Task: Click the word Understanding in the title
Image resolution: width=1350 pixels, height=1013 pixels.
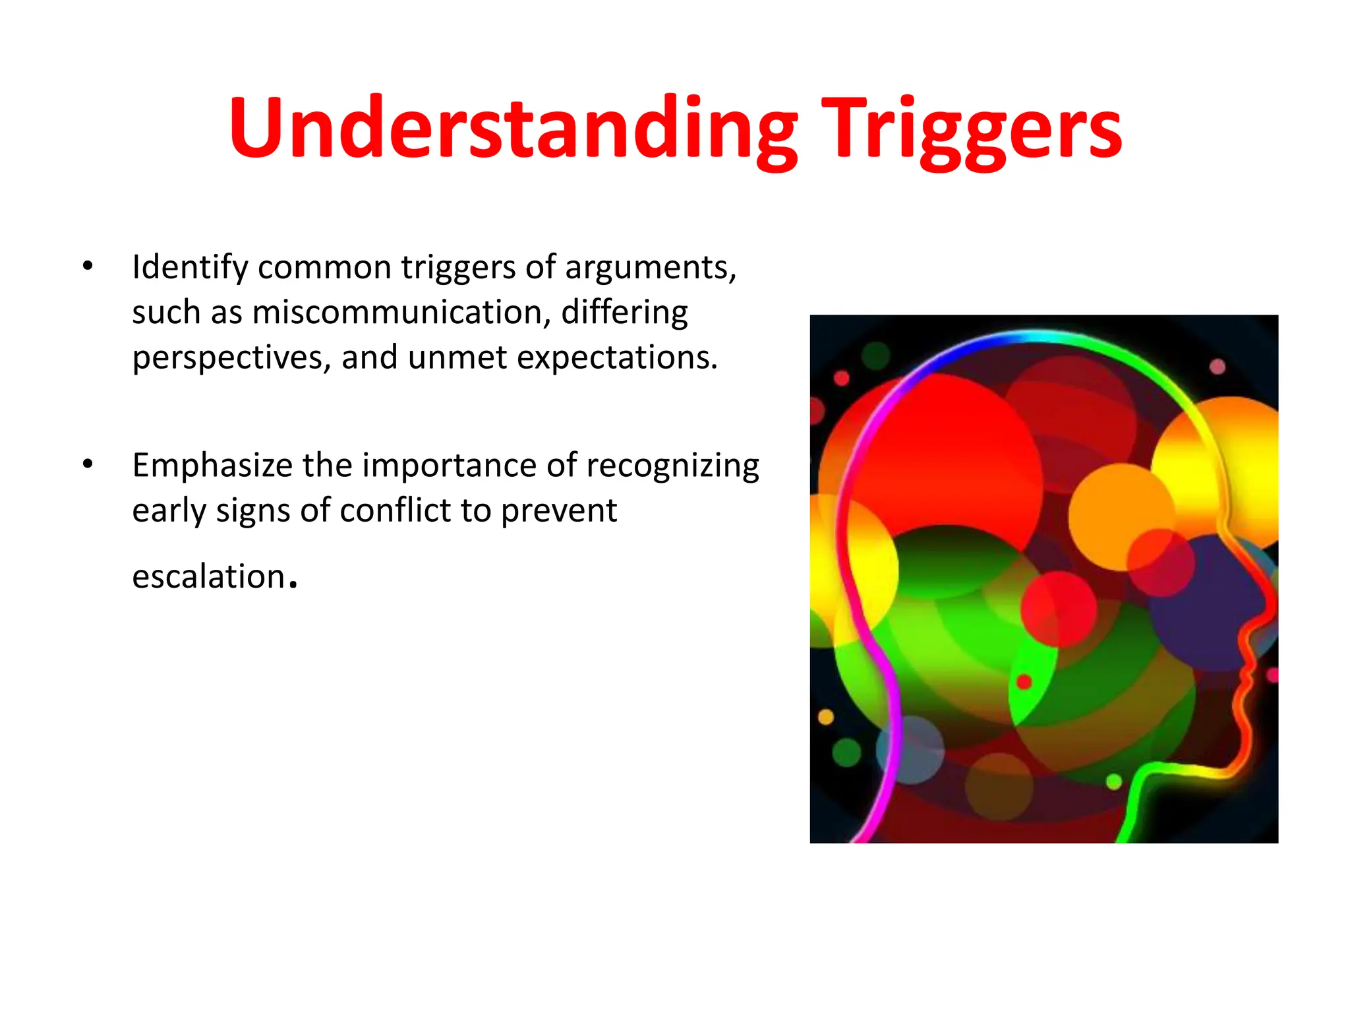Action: (x=514, y=128)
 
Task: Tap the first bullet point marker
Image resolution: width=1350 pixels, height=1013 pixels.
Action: (x=88, y=266)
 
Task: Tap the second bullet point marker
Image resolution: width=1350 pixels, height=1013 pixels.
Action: (x=88, y=464)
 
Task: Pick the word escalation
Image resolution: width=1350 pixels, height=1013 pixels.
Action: (x=208, y=576)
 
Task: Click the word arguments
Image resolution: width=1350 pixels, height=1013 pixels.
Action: (x=650, y=268)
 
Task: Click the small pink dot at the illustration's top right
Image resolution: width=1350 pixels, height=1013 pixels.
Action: (x=1217, y=367)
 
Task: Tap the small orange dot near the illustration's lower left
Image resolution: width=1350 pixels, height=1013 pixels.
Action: (x=825, y=716)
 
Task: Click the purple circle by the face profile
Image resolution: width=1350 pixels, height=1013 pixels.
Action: (x=1206, y=603)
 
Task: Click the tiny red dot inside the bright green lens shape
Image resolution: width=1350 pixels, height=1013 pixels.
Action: (x=1024, y=681)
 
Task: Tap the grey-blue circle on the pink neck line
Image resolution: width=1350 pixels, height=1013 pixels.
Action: (x=910, y=750)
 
